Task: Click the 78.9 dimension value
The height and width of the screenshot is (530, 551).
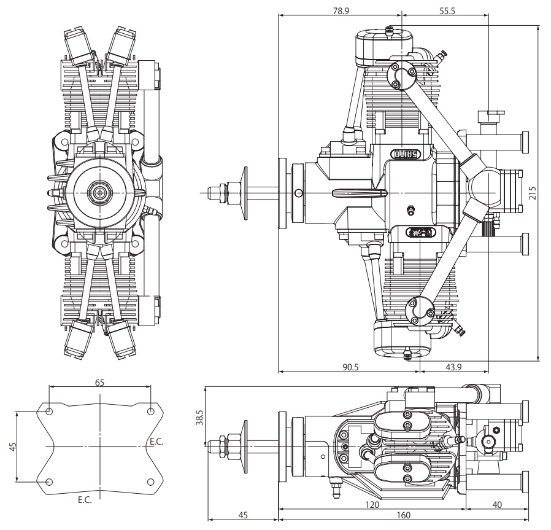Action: tap(341, 10)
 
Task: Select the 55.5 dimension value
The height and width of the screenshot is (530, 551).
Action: tap(447, 11)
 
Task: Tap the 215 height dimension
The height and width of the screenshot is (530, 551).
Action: tap(533, 193)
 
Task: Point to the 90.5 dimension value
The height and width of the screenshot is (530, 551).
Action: tap(350, 367)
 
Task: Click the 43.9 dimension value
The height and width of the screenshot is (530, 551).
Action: tap(453, 367)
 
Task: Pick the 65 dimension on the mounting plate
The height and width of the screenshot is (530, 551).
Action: tap(100, 382)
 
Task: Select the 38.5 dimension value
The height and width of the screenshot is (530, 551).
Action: tap(199, 417)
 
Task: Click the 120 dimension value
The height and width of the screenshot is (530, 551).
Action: tap(372, 505)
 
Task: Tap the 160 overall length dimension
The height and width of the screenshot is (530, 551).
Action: tap(403, 515)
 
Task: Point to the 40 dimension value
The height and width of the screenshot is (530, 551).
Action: tap(497, 505)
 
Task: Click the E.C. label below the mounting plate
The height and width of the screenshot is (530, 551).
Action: tap(85, 500)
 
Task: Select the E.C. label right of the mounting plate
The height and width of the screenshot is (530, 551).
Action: tap(156, 442)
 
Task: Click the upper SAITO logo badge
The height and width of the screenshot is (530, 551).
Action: tap(406, 154)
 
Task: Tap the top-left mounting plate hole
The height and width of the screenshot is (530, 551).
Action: tap(49, 411)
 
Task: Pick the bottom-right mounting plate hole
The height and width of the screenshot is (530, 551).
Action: tap(151, 482)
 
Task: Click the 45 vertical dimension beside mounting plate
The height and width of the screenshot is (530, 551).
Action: tap(13, 446)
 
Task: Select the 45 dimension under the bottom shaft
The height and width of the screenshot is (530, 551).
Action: tap(243, 515)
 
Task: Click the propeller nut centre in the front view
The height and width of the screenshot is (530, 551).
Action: tap(101, 192)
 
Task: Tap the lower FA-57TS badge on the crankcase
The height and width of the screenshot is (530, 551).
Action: tap(421, 232)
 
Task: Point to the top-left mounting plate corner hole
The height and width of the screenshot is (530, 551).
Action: tap(49, 411)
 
